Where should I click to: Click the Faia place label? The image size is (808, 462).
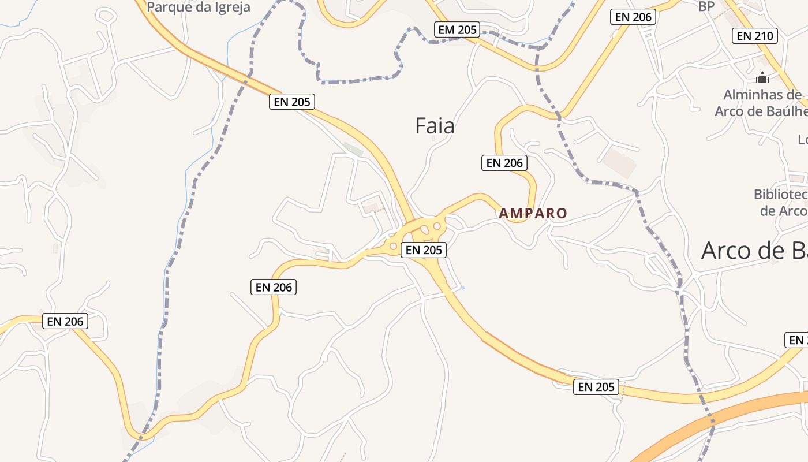point(435,126)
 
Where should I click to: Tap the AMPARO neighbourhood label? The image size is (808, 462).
point(533,213)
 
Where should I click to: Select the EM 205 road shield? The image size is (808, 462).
point(457,29)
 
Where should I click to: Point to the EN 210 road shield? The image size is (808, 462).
point(755,36)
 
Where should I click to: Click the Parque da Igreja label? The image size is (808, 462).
point(199,7)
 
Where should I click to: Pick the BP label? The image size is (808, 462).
point(706,6)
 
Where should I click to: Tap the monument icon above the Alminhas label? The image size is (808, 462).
point(762,77)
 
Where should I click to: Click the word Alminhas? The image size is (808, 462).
point(754,95)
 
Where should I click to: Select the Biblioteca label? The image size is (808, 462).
point(780,194)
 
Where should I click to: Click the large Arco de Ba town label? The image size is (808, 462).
point(754,250)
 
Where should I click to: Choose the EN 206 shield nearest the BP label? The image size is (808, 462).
point(633,17)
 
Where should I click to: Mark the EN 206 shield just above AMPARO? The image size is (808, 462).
point(504,163)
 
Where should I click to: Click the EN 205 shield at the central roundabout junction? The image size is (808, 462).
point(424,249)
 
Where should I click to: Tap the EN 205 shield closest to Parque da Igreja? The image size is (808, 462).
point(292,102)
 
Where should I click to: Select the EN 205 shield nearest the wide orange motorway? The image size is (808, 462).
point(596,386)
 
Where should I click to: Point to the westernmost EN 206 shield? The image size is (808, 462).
point(65,321)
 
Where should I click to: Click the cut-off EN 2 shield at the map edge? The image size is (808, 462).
point(797,340)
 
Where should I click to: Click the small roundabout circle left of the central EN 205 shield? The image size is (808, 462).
point(393,247)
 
